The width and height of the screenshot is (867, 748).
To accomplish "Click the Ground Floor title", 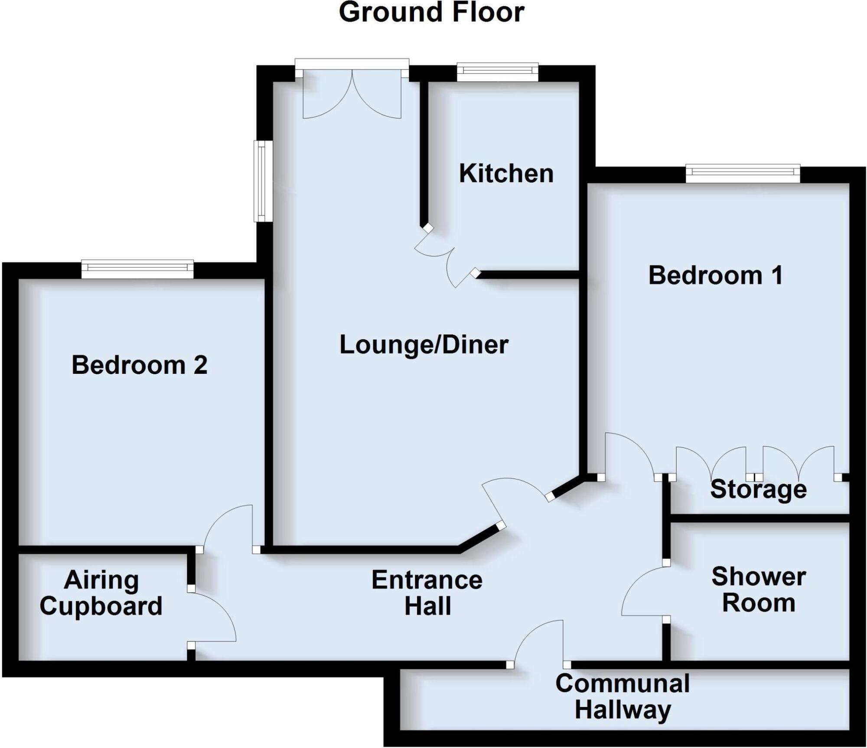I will click(431, 13).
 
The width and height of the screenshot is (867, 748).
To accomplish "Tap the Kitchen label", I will click(506, 174).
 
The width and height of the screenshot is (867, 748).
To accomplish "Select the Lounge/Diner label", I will click(424, 345).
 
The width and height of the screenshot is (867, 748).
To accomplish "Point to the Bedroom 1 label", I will click(716, 275).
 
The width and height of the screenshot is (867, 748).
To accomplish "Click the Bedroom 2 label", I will click(140, 365).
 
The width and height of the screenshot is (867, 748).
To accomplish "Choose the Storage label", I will click(758, 489).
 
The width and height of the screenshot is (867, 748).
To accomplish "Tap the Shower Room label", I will click(759, 589).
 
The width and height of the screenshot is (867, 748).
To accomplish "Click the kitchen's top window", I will click(498, 72).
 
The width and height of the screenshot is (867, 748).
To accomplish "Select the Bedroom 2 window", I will click(137, 269).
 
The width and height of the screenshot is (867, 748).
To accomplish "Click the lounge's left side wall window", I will click(263, 181).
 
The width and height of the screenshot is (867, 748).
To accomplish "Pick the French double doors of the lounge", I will click(352, 93).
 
